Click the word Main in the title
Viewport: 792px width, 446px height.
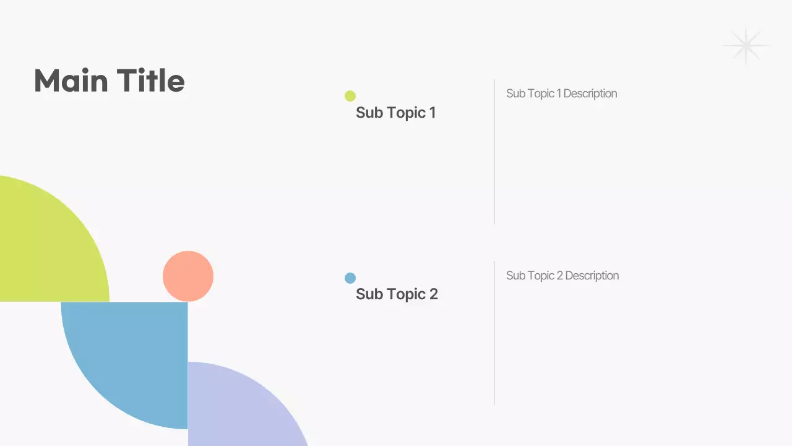(x=71, y=81)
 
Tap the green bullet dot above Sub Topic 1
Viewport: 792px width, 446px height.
(x=350, y=96)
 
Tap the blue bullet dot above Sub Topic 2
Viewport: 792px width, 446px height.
(x=350, y=278)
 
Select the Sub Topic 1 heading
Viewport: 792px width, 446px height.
(x=395, y=113)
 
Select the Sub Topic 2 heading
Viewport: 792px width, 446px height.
(x=397, y=294)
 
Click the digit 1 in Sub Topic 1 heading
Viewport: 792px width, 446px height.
(x=432, y=113)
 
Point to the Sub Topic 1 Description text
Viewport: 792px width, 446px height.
(x=561, y=94)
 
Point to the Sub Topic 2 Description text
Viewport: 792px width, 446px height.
(x=562, y=276)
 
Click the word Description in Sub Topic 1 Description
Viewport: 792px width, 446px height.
(x=590, y=94)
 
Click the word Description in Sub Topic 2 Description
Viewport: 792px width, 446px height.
(x=592, y=276)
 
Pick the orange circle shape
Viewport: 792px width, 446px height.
(x=188, y=276)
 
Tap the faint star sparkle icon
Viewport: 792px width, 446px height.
(x=746, y=46)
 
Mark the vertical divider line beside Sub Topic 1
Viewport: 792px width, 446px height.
(x=494, y=152)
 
